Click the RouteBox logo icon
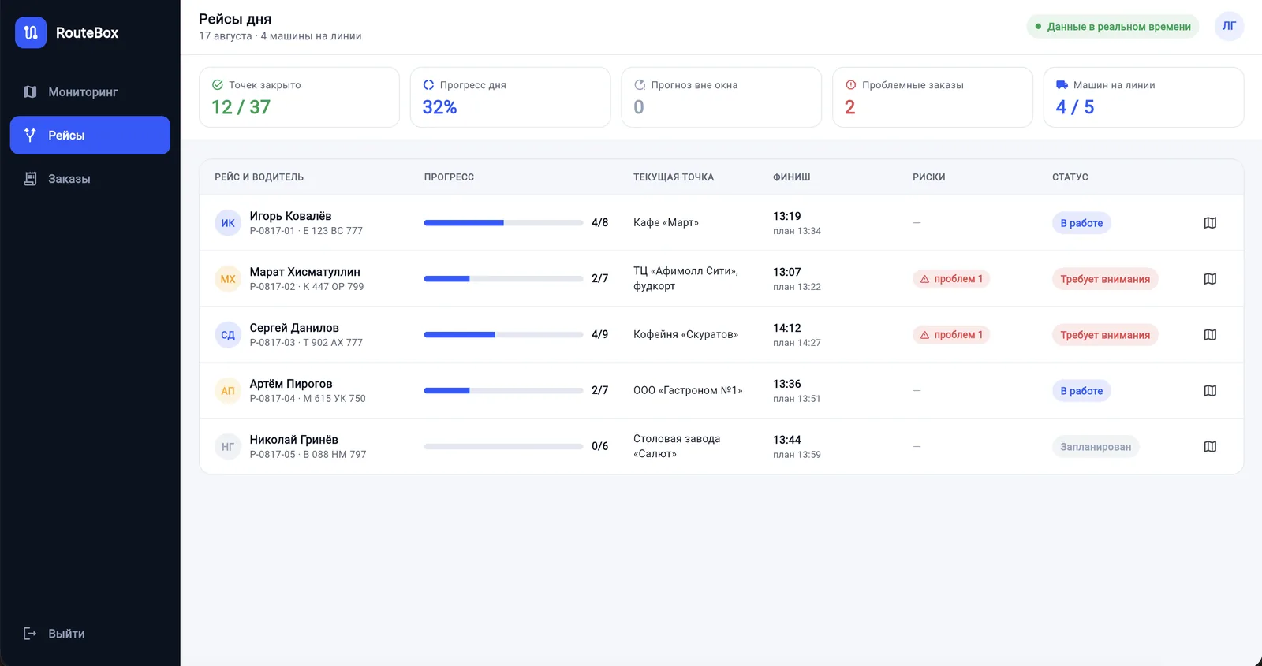(x=31, y=32)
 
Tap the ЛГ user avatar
(x=1229, y=26)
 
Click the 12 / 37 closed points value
(x=241, y=107)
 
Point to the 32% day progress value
(x=439, y=107)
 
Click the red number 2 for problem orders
(x=849, y=107)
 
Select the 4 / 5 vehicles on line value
(x=1074, y=107)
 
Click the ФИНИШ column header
(x=791, y=177)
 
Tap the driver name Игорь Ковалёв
(x=290, y=216)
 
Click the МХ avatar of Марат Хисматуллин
(x=228, y=279)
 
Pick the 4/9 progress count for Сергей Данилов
(x=599, y=334)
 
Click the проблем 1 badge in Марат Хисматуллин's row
(x=951, y=279)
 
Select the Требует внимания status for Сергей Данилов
(x=1105, y=334)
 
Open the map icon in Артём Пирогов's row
(x=1210, y=391)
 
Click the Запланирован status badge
(x=1096, y=446)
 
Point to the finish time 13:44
(x=786, y=440)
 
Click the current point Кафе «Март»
(x=666, y=222)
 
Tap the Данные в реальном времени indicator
(x=1112, y=27)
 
